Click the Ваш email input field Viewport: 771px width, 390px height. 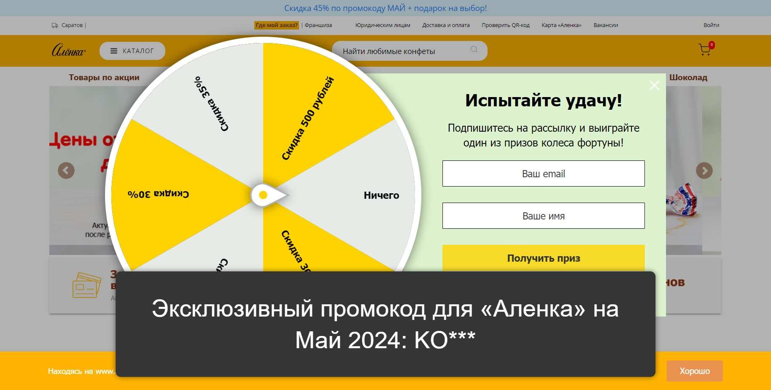(x=543, y=173)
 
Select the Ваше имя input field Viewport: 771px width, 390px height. (x=543, y=216)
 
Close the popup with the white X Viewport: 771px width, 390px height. (x=654, y=86)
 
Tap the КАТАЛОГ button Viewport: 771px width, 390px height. (x=132, y=51)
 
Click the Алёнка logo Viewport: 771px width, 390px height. (x=68, y=51)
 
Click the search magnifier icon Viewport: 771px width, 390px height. (x=474, y=50)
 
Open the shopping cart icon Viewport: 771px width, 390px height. (x=704, y=50)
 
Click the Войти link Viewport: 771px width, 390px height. (x=711, y=25)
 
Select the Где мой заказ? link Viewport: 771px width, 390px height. (x=277, y=25)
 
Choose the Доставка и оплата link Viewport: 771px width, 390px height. (x=446, y=25)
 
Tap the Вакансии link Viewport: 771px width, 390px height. (x=606, y=25)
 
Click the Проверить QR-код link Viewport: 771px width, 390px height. (x=506, y=25)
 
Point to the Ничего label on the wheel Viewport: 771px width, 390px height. (x=381, y=195)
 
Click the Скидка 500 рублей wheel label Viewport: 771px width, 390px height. (x=307, y=119)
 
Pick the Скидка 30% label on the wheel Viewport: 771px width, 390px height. (x=158, y=194)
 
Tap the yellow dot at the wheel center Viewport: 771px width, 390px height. (x=263, y=195)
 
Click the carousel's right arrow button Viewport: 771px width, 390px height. (x=704, y=171)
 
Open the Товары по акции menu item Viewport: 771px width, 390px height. (x=104, y=78)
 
